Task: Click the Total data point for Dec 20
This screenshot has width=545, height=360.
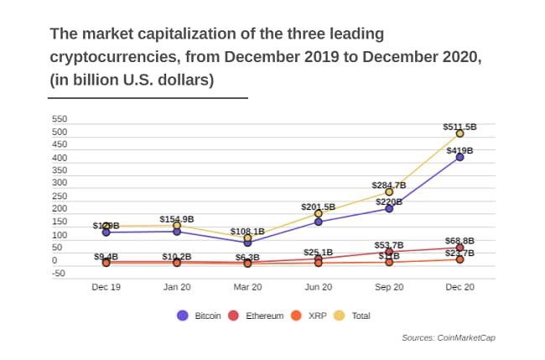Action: pos(459,133)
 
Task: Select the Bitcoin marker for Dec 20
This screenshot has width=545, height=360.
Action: pos(459,157)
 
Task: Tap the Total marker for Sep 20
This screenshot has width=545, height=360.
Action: pos(389,191)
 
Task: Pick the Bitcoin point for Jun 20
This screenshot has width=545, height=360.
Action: pos(318,222)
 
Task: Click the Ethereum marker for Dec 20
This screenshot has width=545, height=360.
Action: pos(459,248)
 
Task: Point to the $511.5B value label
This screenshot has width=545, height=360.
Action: pos(459,127)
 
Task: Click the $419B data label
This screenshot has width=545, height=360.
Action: pos(459,150)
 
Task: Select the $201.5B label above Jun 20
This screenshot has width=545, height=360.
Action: pos(318,206)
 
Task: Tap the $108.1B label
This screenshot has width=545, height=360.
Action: pos(247,231)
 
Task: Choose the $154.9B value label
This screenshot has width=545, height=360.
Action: pos(177,219)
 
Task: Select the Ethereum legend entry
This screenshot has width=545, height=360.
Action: pos(256,316)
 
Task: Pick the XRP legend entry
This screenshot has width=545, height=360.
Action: pos(309,316)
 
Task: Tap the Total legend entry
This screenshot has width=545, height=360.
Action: pos(353,316)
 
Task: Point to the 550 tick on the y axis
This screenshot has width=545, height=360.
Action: pos(59,119)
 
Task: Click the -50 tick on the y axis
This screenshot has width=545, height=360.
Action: pos(59,274)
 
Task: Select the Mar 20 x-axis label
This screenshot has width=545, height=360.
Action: pos(247,287)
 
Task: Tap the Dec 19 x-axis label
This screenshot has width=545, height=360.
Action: pos(106,287)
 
